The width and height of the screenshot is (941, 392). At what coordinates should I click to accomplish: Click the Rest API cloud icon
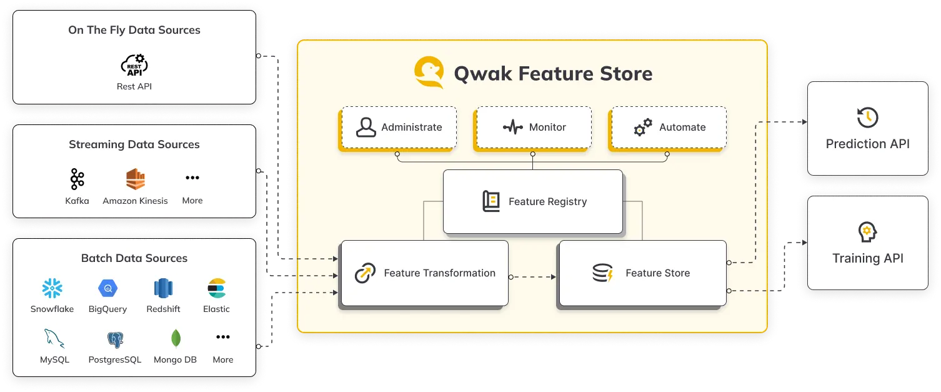(134, 65)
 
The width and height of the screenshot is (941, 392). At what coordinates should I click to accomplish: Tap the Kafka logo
(77, 179)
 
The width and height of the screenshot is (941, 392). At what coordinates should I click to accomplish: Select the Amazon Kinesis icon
(135, 179)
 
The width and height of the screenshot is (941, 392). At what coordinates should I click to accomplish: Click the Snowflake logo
(52, 288)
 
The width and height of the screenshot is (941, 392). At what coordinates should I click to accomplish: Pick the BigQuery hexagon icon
(107, 288)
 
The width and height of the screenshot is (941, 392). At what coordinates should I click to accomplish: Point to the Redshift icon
(163, 288)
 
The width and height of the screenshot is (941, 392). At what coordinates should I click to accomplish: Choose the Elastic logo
(216, 288)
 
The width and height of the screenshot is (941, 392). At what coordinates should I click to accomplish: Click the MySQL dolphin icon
(54, 339)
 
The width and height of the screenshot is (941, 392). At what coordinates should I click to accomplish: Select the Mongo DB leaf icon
(176, 338)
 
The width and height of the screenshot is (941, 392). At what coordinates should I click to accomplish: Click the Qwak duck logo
(429, 73)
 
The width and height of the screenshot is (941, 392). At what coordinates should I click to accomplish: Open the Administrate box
(399, 128)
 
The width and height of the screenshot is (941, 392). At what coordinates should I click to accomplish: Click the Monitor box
(533, 128)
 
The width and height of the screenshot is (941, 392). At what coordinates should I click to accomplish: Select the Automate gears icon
(643, 128)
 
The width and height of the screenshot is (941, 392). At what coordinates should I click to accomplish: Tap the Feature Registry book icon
(491, 201)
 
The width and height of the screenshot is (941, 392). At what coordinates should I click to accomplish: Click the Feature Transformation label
(439, 273)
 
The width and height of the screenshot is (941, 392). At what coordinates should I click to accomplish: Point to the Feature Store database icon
(603, 273)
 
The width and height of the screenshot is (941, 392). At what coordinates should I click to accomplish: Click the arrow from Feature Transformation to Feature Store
(533, 276)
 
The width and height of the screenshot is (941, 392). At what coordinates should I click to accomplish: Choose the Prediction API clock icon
(867, 118)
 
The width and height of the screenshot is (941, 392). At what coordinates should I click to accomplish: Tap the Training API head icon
(867, 232)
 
